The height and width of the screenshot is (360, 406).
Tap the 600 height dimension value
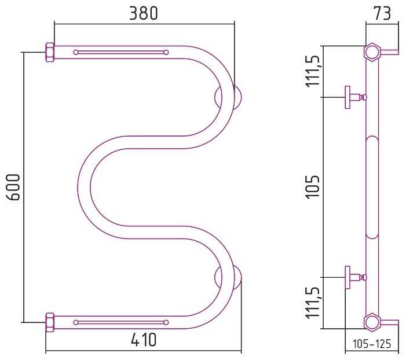[x=13, y=188]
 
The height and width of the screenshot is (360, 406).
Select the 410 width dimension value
[x=144, y=340]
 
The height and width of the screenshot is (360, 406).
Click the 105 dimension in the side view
[x=313, y=186]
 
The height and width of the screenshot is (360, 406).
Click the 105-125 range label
[x=372, y=344]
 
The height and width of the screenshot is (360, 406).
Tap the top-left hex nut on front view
[x=50, y=52]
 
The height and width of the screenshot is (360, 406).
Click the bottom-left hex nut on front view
[x=50, y=322]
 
